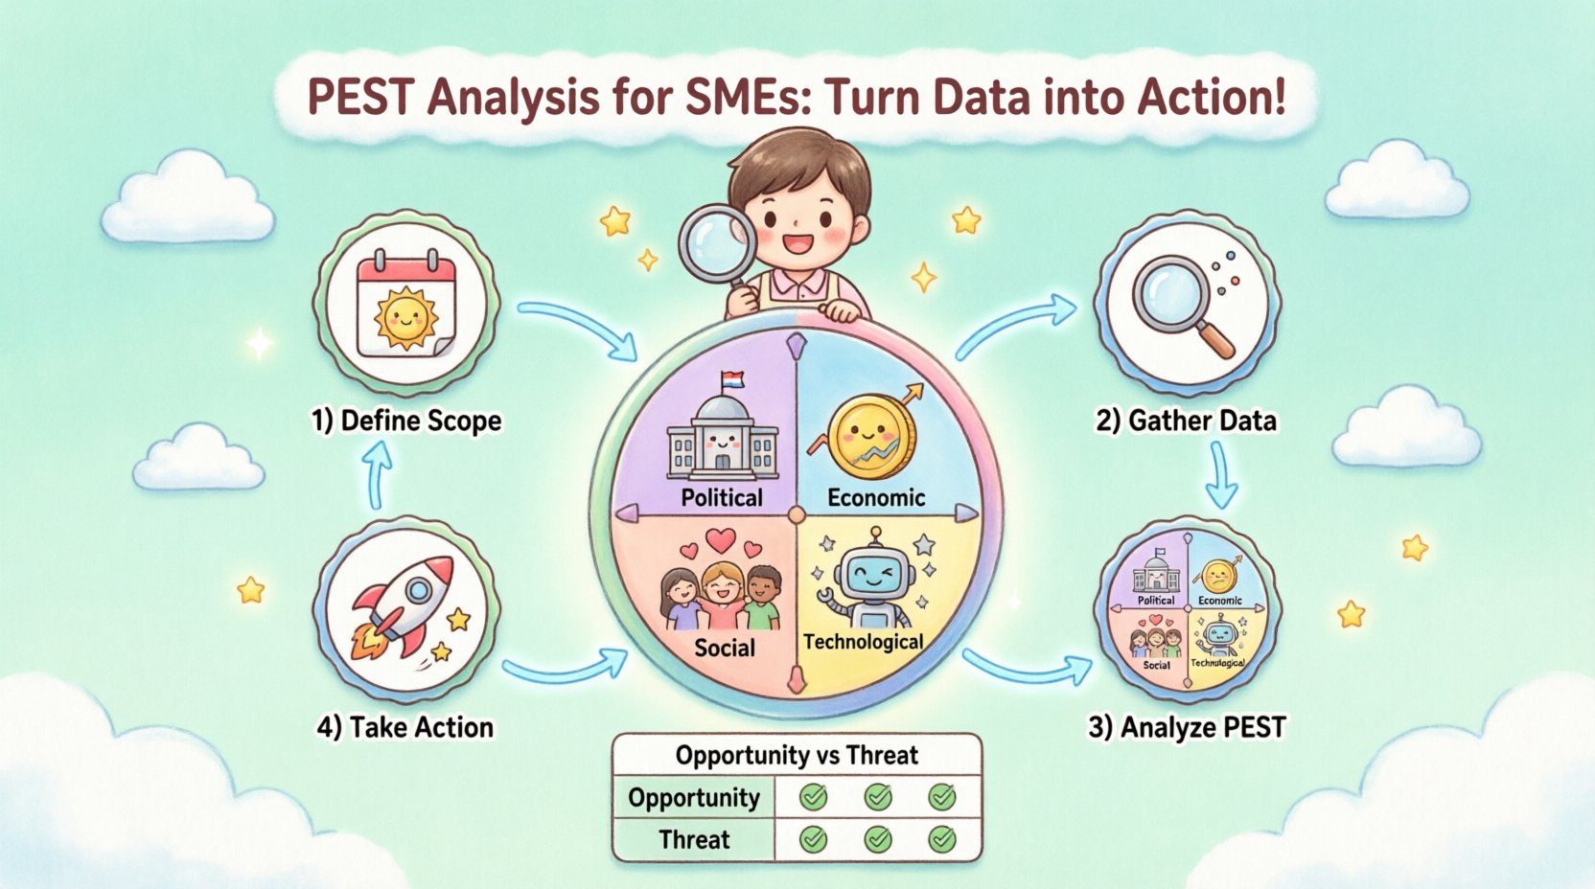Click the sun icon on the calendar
pos(406,316)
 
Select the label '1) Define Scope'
pos(406,421)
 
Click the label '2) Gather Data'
pos(1186,421)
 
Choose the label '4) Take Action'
pos(405,727)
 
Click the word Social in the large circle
pos(725,649)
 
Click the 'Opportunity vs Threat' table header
pos(797,756)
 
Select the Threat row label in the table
pos(694,840)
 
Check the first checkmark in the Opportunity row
pos(814,797)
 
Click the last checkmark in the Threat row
pos(942,840)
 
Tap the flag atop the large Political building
pos(732,379)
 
